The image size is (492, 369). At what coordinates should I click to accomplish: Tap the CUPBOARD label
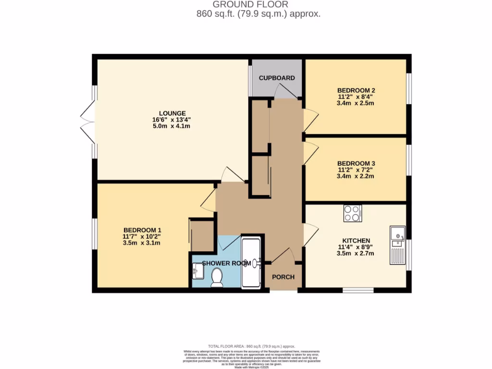tap(277, 78)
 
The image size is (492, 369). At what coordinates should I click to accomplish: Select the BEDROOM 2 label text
tap(356, 90)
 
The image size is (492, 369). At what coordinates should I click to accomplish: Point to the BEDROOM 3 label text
tap(356, 163)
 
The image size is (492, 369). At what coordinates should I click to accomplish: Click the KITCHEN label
tap(356, 240)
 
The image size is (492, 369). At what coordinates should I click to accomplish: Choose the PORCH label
tap(283, 277)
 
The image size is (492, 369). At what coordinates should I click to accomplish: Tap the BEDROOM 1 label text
tap(142, 230)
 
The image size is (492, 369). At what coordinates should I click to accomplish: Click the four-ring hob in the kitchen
tap(353, 213)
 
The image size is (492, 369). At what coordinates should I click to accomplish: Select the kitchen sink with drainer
tap(398, 245)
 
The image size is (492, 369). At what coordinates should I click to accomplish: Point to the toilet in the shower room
tap(217, 277)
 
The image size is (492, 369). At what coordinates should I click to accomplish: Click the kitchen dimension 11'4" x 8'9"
tap(356, 247)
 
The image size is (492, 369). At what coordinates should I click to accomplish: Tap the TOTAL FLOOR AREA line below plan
tap(251, 346)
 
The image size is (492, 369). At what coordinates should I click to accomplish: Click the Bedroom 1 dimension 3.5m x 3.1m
tap(142, 243)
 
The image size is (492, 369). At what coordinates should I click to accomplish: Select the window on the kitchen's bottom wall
tap(358, 290)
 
